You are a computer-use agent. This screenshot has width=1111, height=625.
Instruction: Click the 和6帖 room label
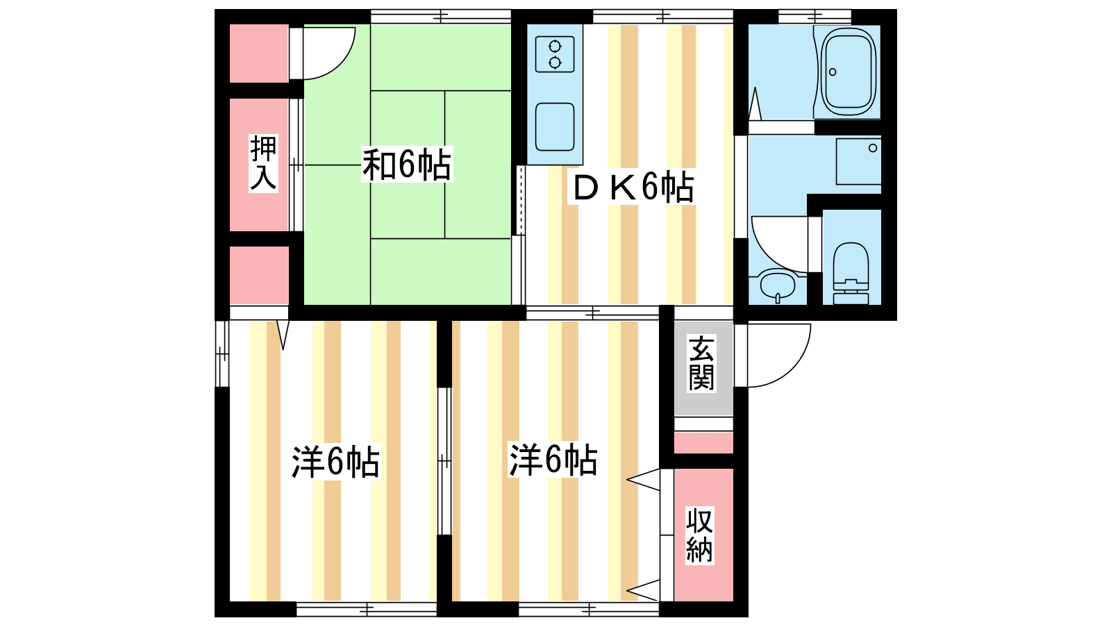click(x=407, y=165)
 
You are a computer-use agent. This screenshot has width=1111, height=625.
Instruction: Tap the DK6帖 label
click(x=633, y=187)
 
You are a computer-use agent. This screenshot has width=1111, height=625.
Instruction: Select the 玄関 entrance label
click(x=701, y=364)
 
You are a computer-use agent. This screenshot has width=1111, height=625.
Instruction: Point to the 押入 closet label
click(x=263, y=163)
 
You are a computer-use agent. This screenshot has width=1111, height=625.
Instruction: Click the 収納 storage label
click(x=699, y=535)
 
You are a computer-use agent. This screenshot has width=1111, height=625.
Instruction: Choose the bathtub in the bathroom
click(x=847, y=72)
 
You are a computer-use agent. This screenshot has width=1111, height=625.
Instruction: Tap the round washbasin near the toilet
click(x=777, y=285)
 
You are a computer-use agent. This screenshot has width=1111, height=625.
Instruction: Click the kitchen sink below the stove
click(x=555, y=126)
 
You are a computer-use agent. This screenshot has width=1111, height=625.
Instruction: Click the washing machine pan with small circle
click(x=858, y=162)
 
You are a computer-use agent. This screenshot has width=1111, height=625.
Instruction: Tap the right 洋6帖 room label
click(x=553, y=460)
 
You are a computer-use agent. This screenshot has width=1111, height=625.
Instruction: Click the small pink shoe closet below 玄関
click(x=703, y=442)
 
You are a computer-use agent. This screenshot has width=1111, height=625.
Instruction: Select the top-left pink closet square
click(x=260, y=53)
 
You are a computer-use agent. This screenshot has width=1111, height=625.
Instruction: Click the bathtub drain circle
click(x=833, y=72)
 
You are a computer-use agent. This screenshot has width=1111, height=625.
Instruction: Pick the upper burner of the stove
click(x=555, y=47)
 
